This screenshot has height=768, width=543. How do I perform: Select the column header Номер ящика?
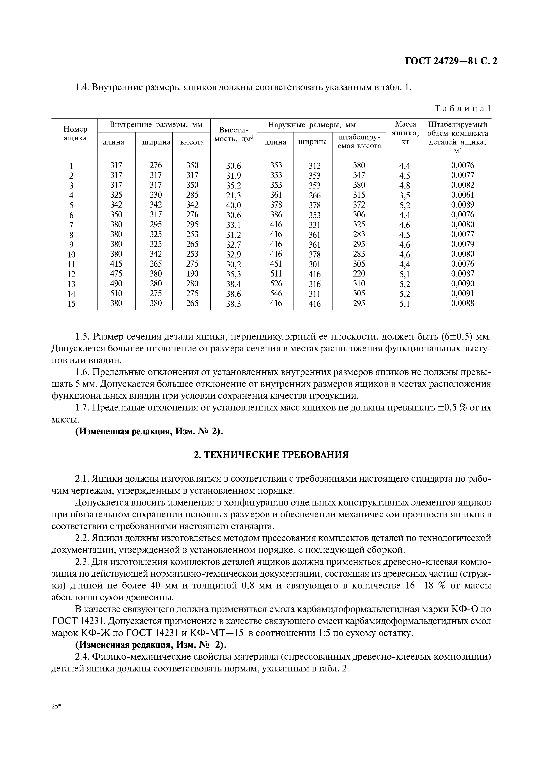(75, 134)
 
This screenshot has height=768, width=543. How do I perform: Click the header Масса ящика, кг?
(405, 133)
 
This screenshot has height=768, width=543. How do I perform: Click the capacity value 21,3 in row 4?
(233, 195)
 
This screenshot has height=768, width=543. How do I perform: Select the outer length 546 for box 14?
(276, 293)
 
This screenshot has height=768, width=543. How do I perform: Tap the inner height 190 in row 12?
(192, 274)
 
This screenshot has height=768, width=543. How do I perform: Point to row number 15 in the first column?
(71, 304)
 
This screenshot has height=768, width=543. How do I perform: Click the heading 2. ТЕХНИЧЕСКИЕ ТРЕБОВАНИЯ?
(271, 455)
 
